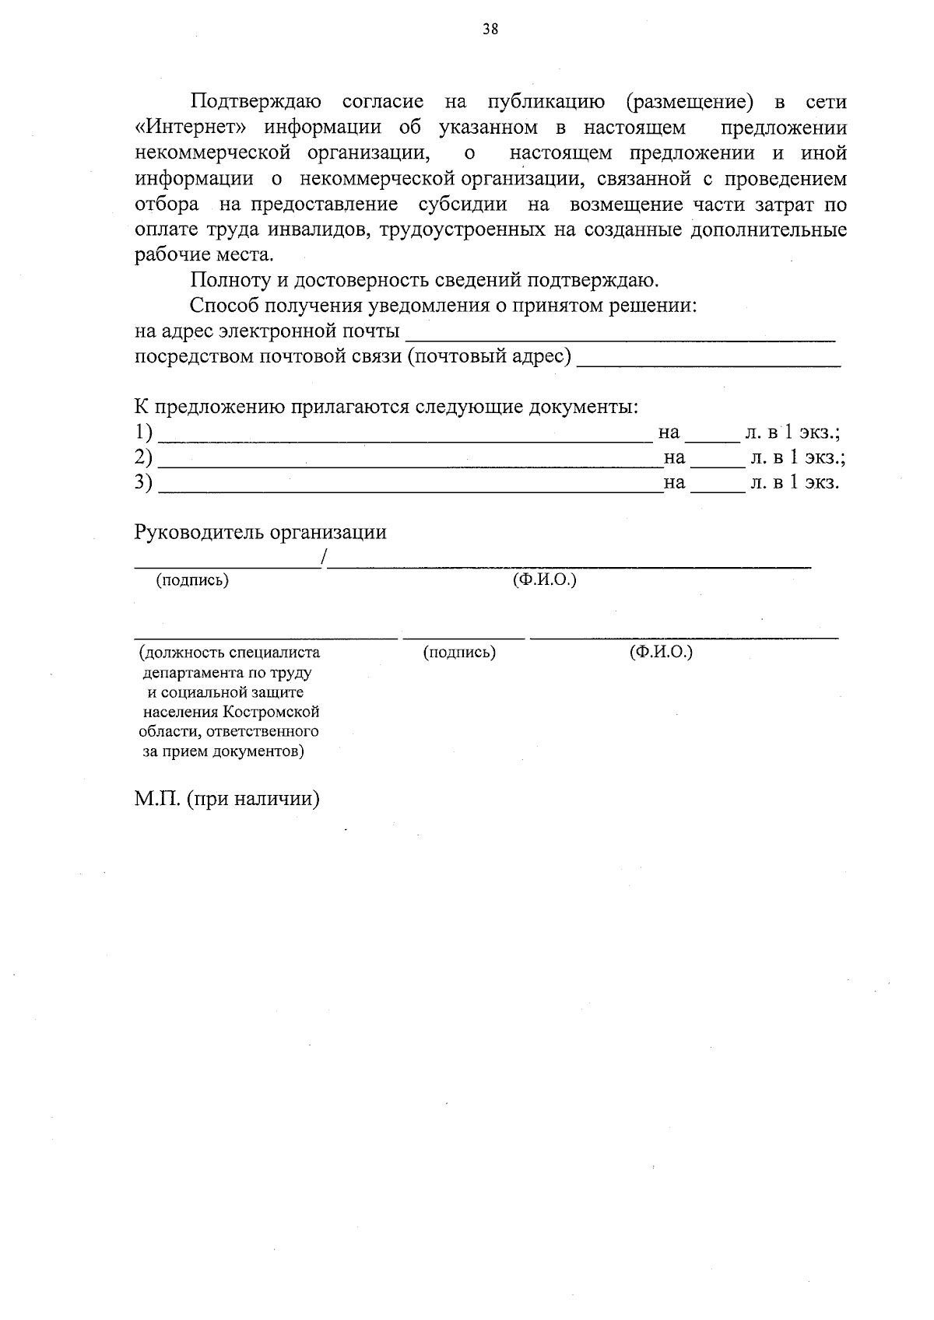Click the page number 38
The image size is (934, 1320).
(x=490, y=30)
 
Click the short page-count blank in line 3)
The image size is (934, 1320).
(x=717, y=489)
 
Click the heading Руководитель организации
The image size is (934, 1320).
(x=260, y=533)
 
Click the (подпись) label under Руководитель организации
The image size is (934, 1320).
(x=192, y=580)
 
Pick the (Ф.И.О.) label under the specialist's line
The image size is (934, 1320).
(x=661, y=652)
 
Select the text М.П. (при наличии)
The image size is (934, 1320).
(x=226, y=800)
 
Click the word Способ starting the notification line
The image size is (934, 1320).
(x=225, y=306)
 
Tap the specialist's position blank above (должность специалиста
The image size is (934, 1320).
(x=265, y=636)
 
